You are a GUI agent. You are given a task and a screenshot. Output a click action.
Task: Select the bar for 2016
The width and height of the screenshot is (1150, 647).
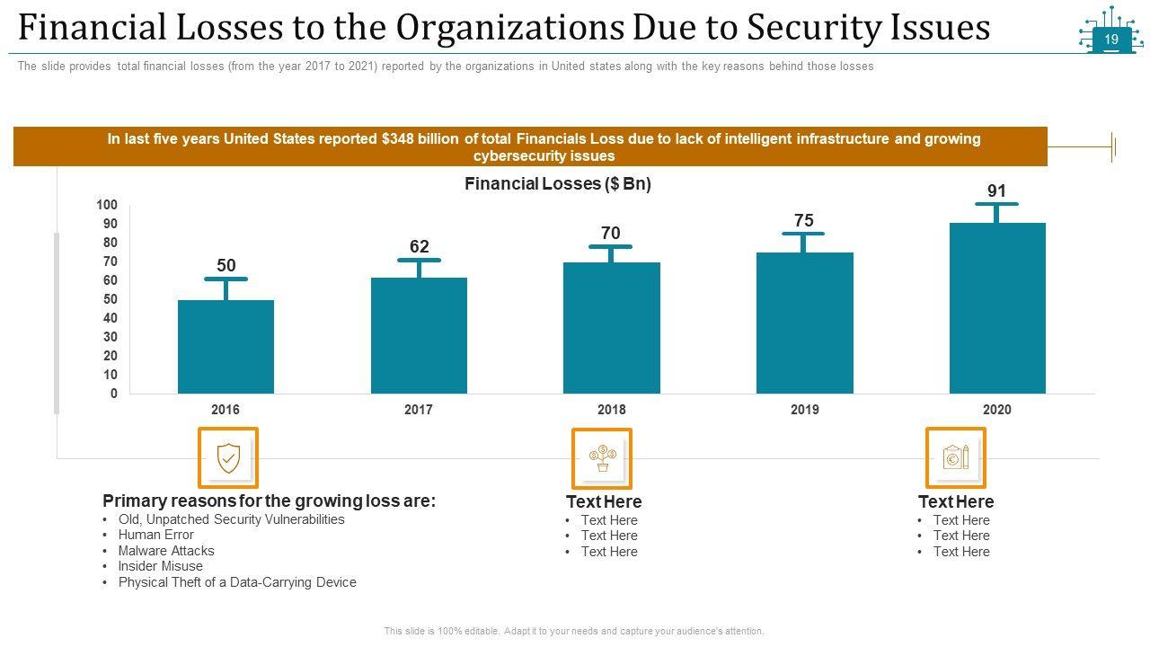[226, 346]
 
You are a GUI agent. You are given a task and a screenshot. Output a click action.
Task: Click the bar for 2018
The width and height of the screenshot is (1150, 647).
[611, 327]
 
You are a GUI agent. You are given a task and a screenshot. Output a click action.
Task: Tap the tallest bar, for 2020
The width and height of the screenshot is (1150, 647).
[997, 307]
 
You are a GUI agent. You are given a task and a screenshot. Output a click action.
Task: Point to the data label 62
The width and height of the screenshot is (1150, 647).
[420, 247]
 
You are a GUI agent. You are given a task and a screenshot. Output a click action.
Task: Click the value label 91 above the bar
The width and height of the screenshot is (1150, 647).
[996, 191]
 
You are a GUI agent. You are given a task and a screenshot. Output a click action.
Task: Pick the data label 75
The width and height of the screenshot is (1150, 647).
[803, 221]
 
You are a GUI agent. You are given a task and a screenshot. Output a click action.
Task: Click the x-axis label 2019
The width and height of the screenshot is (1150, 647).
[804, 410]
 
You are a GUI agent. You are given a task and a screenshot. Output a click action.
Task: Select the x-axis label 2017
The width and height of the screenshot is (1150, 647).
[419, 410]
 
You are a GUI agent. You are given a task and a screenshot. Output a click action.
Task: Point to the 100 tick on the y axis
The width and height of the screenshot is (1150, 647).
[107, 206]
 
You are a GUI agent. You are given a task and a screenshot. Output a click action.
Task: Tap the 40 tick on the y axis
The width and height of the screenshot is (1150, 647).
[110, 318]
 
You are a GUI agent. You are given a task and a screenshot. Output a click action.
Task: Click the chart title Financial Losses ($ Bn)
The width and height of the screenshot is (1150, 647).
[557, 184]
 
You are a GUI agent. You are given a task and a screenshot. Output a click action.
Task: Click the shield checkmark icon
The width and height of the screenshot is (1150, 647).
[228, 458]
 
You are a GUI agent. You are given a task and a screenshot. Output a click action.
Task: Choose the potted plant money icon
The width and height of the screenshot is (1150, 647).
[602, 458]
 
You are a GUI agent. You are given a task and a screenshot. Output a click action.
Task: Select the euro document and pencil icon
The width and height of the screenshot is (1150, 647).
[956, 458]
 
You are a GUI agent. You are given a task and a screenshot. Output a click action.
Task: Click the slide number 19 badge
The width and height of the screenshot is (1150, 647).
[1110, 40]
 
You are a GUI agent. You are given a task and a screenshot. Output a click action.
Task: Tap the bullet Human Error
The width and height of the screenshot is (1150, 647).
[155, 535]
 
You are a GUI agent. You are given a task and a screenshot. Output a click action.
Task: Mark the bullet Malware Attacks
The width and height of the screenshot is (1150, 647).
[166, 551]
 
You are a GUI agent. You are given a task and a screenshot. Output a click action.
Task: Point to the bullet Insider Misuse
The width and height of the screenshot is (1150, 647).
[160, 566]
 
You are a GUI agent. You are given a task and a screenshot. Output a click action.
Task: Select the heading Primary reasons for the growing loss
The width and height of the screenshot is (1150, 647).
[269, 501]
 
